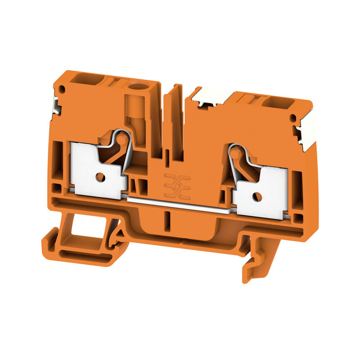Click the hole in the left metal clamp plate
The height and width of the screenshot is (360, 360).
pos(101,177)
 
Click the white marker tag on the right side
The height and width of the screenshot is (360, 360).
pos(308,131)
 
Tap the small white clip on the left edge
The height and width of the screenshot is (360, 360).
pos(56,104)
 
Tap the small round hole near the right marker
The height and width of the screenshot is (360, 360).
pos(293,118)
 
